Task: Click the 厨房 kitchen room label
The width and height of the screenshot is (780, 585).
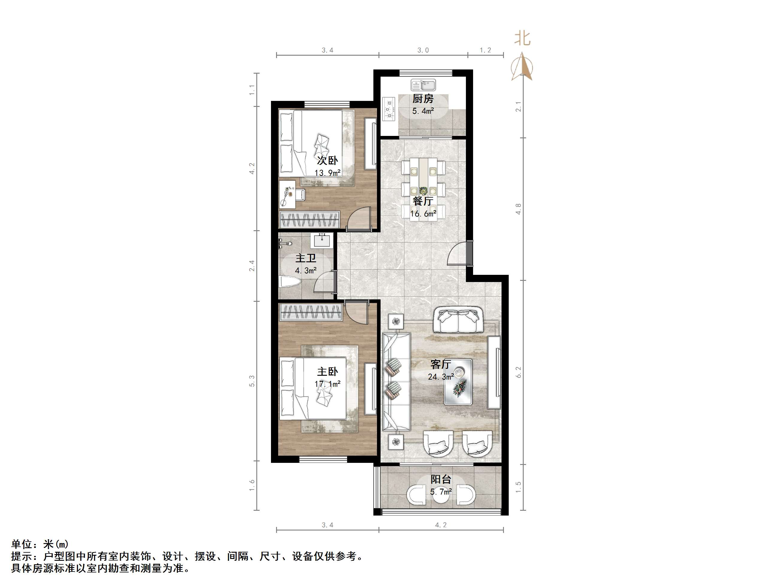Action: click(423, 99)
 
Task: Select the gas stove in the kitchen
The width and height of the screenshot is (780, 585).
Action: click(390, 109)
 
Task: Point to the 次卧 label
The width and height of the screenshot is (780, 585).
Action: click(327, 160)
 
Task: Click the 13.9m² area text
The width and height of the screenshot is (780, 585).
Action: click(327, 173)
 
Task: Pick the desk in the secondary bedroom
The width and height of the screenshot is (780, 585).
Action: click(287, 194)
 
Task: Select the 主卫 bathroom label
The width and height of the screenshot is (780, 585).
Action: click(305, 258)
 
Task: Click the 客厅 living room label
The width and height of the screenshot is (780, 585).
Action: click(441, 364)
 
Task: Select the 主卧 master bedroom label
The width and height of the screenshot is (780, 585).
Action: click(327, 372)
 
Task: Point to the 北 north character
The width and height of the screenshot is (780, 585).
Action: click(522, 38)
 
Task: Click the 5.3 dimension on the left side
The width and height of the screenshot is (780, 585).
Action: click(252, 381)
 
